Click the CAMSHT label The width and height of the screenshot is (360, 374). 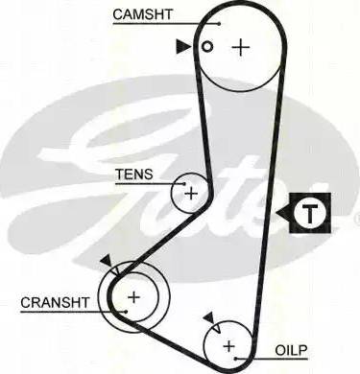142,14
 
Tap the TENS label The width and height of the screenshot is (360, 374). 134,175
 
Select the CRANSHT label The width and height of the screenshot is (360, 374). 55,302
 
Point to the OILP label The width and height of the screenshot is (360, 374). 291,350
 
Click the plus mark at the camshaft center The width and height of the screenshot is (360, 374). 241,48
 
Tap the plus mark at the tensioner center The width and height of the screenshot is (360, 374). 191,194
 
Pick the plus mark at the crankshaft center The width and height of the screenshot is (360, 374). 133,297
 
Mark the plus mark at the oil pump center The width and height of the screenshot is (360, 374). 228,346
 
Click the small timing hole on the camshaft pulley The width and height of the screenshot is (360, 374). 207,47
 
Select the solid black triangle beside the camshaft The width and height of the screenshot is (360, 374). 183,47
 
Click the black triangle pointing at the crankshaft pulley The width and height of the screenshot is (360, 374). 106,260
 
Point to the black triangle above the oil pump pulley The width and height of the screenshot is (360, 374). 209,317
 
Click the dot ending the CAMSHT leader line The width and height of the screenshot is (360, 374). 219,24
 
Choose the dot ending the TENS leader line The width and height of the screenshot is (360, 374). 184,184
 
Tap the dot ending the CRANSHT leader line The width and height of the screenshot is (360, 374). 126,311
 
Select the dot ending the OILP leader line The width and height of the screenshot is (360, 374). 236,359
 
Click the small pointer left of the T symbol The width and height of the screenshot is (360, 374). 283,213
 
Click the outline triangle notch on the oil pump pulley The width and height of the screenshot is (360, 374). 216,328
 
